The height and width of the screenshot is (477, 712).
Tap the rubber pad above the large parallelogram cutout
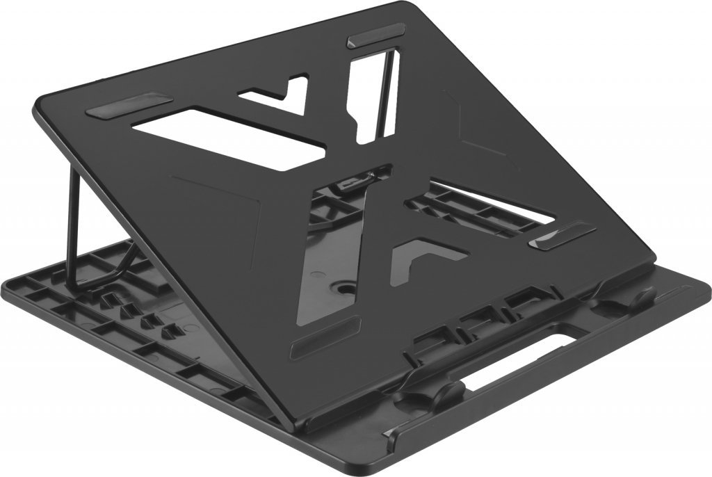[129, 104]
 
